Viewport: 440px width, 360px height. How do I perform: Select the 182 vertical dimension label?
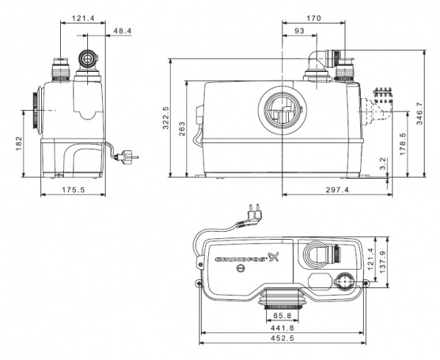click(x=20, y=144)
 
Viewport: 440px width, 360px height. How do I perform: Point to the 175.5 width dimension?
click(x=75, y=189)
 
